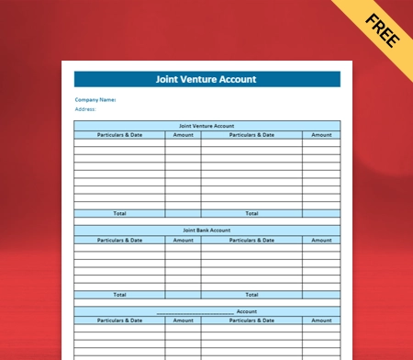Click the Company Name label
95,99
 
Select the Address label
85,108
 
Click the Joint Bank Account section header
206,230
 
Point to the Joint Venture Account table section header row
206,125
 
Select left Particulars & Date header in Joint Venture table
120,135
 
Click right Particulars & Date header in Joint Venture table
251,135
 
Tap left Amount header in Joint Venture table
184,135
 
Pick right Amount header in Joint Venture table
321,135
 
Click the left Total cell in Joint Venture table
120,213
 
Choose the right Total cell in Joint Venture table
251,213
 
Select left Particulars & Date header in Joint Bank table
120,240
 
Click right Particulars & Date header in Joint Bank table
251,240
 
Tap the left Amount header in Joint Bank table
184,240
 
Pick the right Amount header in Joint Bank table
321,240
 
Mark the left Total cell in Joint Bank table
120,295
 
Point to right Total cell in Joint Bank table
251,295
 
